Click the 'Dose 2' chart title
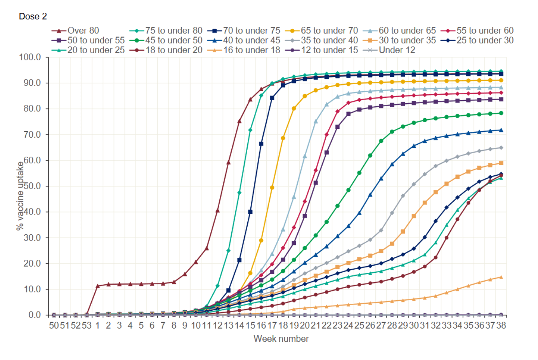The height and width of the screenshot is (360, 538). (33, 16)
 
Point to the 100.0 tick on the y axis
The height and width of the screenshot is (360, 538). (30, 57)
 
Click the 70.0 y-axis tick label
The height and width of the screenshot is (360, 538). (31, 135)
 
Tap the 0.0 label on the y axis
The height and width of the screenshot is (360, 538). (34, 315)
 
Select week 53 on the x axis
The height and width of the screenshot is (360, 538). (87, 325)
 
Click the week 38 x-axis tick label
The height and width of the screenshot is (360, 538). (501, 325)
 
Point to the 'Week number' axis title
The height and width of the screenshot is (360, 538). (281, 339)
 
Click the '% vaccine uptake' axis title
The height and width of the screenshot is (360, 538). (20, 196)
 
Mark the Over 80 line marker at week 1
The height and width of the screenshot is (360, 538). (97, 286)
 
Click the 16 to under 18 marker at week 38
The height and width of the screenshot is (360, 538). (501, 277)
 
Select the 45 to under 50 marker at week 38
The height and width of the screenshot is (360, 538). (501, 113)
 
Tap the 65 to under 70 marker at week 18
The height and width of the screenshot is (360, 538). (283, 138)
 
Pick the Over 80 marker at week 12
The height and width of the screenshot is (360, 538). (217, 211)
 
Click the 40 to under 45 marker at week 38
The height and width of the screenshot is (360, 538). (501, 130)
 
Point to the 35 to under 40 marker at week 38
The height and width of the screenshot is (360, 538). (501, 148)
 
